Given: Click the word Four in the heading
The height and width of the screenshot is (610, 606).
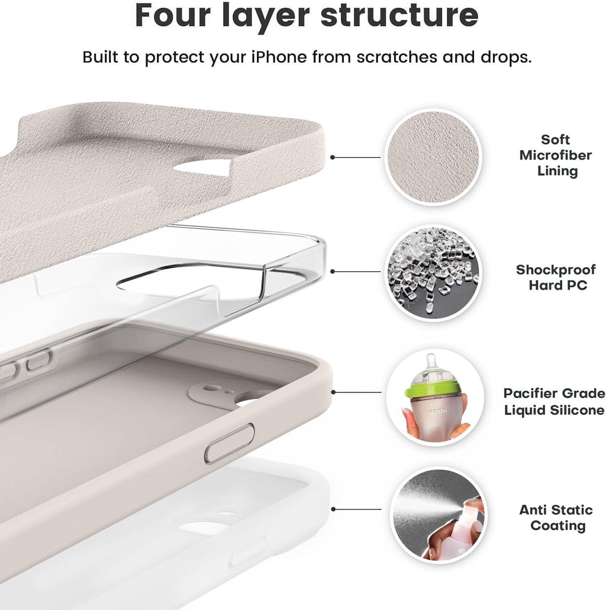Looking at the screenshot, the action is pyautogui.click(x=173, y=15).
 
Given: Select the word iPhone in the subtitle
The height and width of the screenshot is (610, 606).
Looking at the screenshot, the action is pyautogui.click(x=279, y=57).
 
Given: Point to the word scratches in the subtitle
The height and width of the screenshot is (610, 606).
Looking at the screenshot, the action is pyautogui.click(x=397, y=57).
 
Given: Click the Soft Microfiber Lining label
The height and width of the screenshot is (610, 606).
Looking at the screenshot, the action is pyautogui.click(x=556, y=155).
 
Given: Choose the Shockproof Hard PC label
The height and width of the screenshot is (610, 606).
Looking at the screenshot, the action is pyautogui.click(x=556, y=277).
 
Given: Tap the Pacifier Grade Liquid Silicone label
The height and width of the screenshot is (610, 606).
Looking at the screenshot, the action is pyautogui.click(x=554, y=401).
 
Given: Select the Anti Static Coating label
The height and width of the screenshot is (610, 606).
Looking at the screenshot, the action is pyautogui.click(x=556, y=517).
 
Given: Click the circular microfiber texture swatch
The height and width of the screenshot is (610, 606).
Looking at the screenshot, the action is pyautogui.click(x=433, y=157).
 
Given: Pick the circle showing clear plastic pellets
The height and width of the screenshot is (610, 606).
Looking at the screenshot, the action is pyautogui.click(x=433, y=272).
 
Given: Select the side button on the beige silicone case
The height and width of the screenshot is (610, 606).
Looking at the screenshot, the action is pyautogui.click(x=230, y=443).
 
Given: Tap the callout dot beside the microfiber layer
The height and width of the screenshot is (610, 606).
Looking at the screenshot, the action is pyautogui.click(x=332, y=157).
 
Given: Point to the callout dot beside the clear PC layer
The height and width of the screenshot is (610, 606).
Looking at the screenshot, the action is pyautogui.click(x=332, y=271).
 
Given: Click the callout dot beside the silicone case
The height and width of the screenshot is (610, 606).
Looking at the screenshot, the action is pyautogui.click(x=333, y=392).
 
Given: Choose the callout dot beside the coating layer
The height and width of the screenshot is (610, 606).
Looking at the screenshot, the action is pyautogui.click(x=333, y=509).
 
